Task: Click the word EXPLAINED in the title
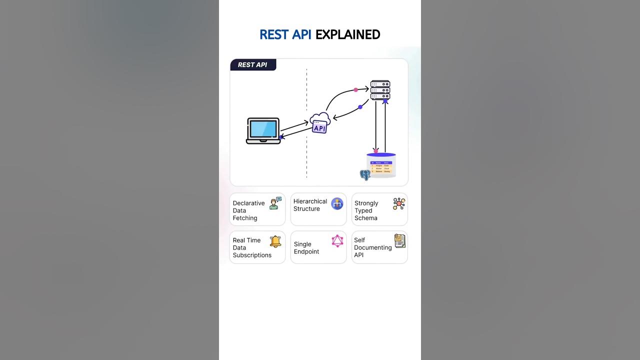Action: tap(347, 34)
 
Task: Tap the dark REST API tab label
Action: tap(253, 64)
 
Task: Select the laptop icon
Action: tap(263, 130)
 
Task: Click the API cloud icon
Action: tap(319, 123)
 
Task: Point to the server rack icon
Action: tap(380, 90)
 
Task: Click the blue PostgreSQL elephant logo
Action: tap(365, 175)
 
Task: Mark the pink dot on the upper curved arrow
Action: tap(355, 90)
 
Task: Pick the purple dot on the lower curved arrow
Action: tap(360, 107)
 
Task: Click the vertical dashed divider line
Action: tap(306, 150)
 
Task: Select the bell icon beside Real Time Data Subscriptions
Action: tap(275, 241)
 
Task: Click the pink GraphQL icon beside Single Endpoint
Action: tap(337, 241)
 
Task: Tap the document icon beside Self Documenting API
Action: tap(399, 241)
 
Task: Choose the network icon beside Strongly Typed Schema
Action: tap(399, 203)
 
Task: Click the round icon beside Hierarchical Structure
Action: tap(337, 203)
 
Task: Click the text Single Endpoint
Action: tap(306, 248)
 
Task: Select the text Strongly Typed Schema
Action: tap(366, 210)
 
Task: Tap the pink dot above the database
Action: tap(376, 150)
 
